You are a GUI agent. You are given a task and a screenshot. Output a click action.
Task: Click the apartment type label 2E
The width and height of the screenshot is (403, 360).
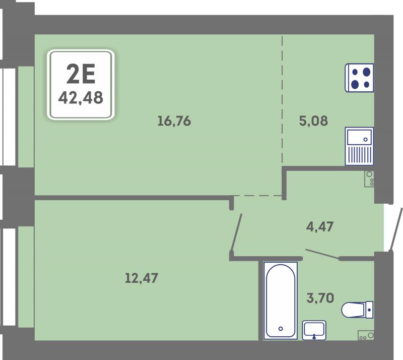click(x=81, y=74)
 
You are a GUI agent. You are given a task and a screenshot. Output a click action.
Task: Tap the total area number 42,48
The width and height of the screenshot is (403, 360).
click(x=81, y=98)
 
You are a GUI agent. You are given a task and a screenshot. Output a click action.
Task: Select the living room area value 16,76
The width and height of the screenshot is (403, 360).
click(x=174, y=121)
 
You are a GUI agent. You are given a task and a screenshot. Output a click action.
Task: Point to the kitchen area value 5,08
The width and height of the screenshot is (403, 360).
click(x=313, y=121)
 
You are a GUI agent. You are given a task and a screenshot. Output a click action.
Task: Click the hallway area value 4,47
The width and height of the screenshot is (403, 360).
click(x=320, y=227)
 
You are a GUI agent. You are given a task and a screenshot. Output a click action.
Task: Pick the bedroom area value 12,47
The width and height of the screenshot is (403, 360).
click(x=142, y=278)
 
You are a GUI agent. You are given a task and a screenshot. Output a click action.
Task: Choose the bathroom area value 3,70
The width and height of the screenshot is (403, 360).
click(x=320, y=298)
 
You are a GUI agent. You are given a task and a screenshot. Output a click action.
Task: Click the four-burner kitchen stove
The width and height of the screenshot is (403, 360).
click(x=359, y=78)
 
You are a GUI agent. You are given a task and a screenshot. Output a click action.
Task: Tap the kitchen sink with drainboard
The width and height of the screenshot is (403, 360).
click(x=359, y=146)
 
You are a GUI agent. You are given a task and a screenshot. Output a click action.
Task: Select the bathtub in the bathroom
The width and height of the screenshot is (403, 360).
click(x=281, y=301)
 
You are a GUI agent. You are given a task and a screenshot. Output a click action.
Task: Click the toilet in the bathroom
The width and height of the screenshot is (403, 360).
click(x=357, y=310)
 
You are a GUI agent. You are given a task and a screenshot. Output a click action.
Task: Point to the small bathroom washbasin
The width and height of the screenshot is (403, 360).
click(x=314, y=330)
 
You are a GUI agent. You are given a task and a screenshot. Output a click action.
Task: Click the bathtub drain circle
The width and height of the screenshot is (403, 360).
click(x=281, y=329)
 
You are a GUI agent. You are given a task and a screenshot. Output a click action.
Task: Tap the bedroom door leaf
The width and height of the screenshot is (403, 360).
click(x=236, y=232)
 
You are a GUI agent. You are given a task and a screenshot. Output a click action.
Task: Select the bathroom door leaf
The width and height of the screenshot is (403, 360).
click(x=322, y=254)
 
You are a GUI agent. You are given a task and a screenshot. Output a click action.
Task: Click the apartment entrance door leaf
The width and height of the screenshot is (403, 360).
click(x=396, y=229)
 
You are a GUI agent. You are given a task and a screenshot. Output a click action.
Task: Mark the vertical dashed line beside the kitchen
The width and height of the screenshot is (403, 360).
click(x=282, y=100)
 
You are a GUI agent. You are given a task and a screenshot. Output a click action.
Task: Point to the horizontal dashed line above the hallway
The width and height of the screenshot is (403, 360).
click(x=258, y=196)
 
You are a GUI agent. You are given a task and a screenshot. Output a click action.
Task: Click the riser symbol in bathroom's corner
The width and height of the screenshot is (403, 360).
click(x=366, y=335)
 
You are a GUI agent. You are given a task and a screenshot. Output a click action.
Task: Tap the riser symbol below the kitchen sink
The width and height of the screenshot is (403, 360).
click(x=369, y=178)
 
